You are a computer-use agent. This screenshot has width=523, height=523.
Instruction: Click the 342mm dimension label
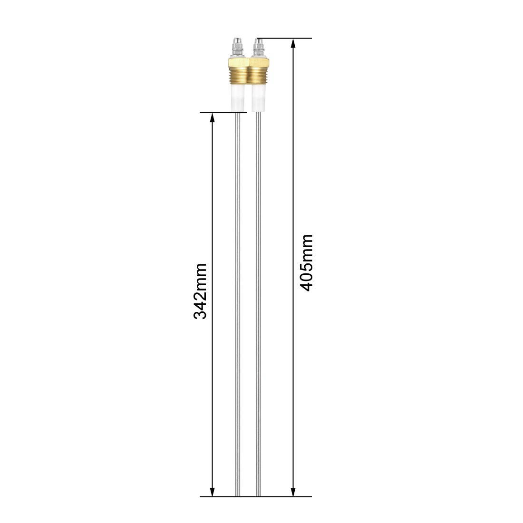[x=200, y=291]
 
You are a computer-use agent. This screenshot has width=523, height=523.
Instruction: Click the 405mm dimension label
[x=306, y=262]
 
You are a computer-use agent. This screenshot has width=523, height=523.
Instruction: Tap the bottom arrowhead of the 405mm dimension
[x=293, y=492]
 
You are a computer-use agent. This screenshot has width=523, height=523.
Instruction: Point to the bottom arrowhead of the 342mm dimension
[x=213, y=492]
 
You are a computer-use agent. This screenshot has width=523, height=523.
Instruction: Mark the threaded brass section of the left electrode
[x=237, y=77]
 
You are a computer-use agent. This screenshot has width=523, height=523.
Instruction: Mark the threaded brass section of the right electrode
[x=258, y=77]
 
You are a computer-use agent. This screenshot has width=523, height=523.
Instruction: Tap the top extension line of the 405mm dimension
[x=285, y=38]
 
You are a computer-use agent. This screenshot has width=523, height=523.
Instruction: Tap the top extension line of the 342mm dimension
[x=223, y=113]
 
